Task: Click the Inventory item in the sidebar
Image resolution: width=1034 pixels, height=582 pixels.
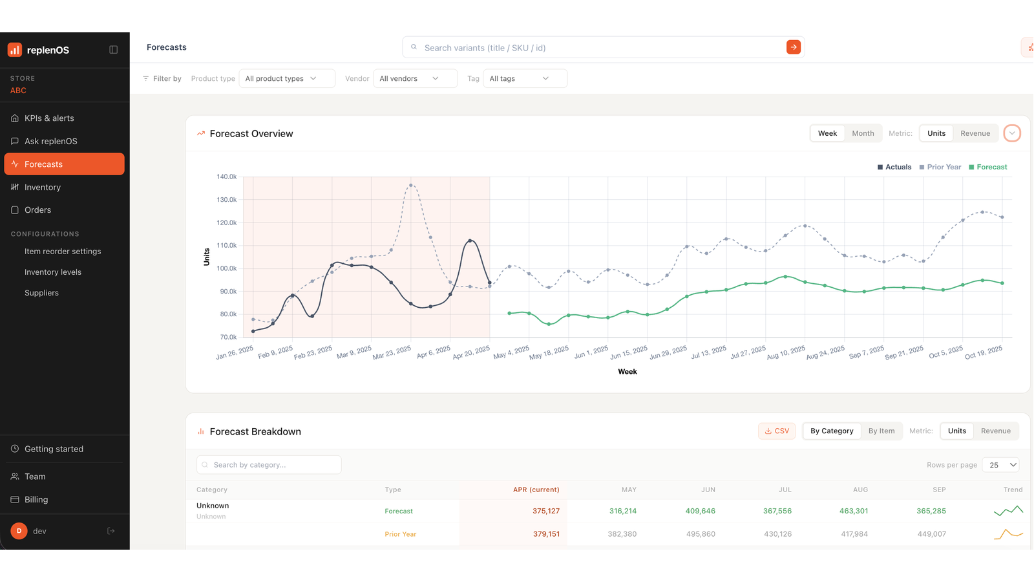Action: click(x=43, y=187)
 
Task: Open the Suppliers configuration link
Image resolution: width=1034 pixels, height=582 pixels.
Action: click(x=41, y=293)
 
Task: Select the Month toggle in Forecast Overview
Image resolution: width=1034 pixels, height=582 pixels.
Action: click(x=863, y=133)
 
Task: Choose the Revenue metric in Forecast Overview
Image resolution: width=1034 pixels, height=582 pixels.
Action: click(x=975, y=133)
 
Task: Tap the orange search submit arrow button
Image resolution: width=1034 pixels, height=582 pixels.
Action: click(x=793, y=47)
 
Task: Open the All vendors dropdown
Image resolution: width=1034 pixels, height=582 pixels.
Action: click(x=415, y=78)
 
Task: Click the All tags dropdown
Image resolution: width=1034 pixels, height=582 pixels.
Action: click(x=525, y=78)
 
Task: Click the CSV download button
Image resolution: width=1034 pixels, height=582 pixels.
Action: click(x=776, y=431)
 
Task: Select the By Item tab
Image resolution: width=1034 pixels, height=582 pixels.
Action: click(x=881, y=431)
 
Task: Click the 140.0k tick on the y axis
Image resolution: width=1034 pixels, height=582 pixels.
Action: click(x=226, y=177)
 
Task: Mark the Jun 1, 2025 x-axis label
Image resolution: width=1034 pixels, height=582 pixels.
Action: click(x=591, y=352)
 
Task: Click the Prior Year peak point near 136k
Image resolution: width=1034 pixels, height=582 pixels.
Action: click(x=411, y=186)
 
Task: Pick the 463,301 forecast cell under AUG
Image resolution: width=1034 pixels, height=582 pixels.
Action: click(x=854, y=511)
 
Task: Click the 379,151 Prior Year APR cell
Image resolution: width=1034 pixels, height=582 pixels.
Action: click(x=546, y=534)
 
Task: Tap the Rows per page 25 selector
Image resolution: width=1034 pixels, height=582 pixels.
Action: click(x=1001, y=465)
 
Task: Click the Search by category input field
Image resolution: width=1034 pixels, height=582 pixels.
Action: click(x=269, y=465)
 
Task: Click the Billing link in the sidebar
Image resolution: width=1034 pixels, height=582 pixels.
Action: click(x=36, y=499)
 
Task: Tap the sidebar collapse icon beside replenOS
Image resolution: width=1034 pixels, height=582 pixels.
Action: click(x=113, y=50)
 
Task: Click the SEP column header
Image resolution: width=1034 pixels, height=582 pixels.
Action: click(x=939, y=490)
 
